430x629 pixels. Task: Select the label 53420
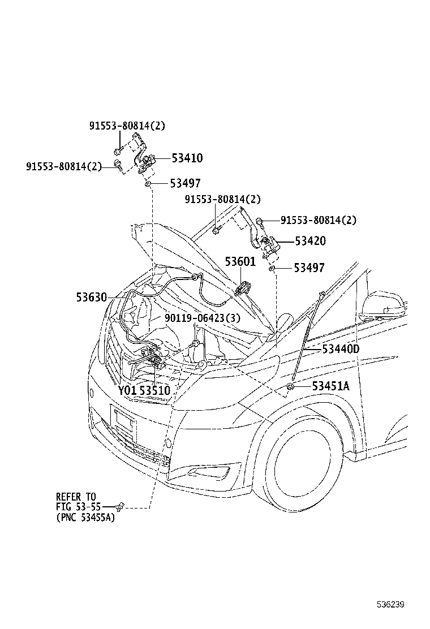coord(310,241)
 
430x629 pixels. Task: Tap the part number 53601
coord(240,262)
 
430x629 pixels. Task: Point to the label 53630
coord(92,296)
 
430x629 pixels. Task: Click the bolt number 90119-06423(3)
coord(202,318)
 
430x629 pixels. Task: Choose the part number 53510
coord(155,390)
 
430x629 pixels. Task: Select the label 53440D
coord(341,349)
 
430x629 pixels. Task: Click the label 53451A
coord(331,386)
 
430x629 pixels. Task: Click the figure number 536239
coord(391,604)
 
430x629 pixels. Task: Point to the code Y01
coord(127,390)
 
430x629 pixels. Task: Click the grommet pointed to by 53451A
coord(289,386)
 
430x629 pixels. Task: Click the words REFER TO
coord(76,497)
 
